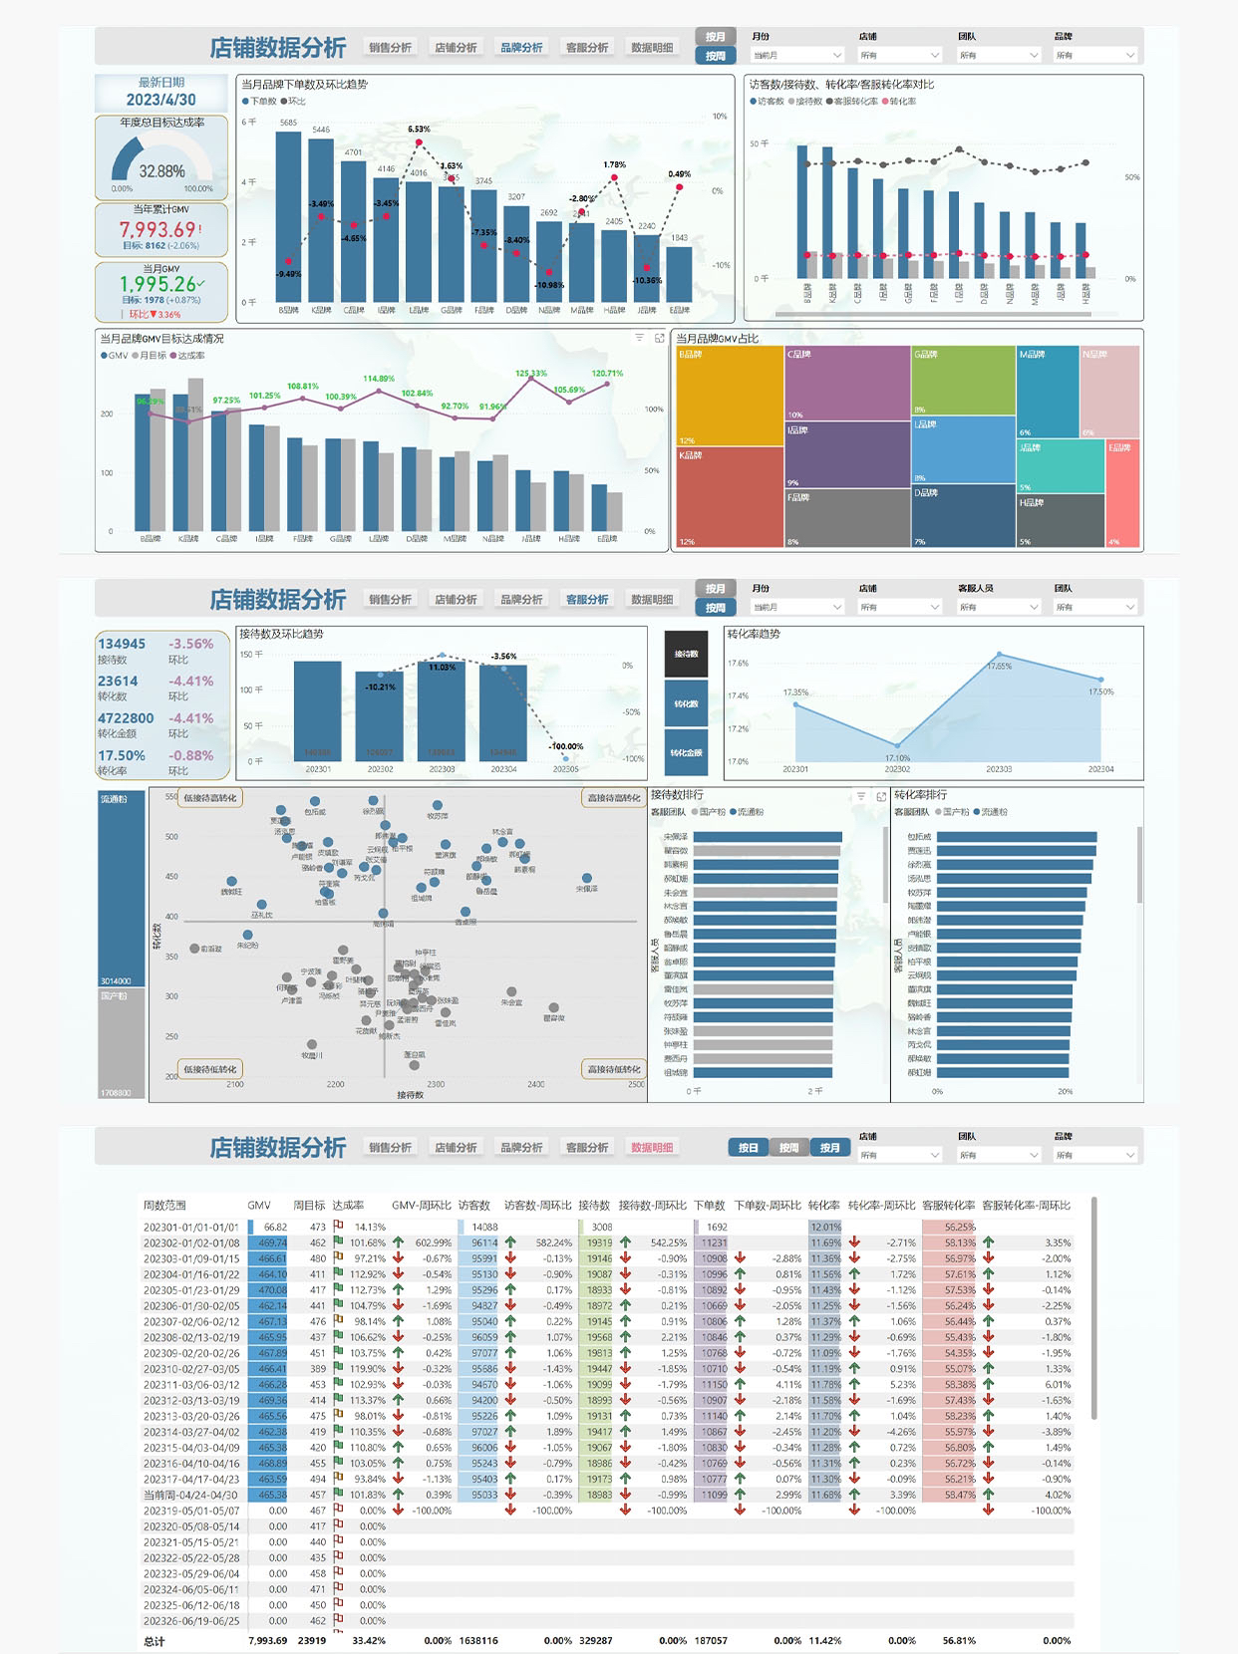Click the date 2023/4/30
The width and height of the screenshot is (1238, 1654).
pyautogui.click(x=160, y=100)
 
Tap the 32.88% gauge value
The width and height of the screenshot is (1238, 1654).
pyautogui.click(x=161, y=171)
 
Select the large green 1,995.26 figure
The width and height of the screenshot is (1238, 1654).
pyautogui.click(x=158, y=284)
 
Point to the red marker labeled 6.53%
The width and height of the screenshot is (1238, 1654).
pyautogui.click(x=419, y=142)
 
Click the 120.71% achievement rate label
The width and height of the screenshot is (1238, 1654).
pyautogui.click(x=607, y=374)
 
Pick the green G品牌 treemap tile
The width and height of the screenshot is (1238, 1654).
pyautogui.click(x=963, y=380)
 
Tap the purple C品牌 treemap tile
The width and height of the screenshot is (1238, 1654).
pyautogui.click(x=846, y=383)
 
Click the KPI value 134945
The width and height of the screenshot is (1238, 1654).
pyautogui.click(x=122, y=644)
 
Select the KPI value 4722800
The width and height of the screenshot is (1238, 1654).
pyautogui.click(x=126, y=718)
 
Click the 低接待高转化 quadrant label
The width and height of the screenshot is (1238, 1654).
pyautogui.click(x=210, y=798)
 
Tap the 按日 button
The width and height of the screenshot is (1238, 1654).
pyautogui.click(x=748, y=1148)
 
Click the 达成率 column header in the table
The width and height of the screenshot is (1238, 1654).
pyautogui.click(x=348, y=1206)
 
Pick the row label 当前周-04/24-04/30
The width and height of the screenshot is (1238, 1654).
pyautogui.click(x=190, y=1495)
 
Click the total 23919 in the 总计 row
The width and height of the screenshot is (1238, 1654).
pyautogui.click(x=311, y=1640)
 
